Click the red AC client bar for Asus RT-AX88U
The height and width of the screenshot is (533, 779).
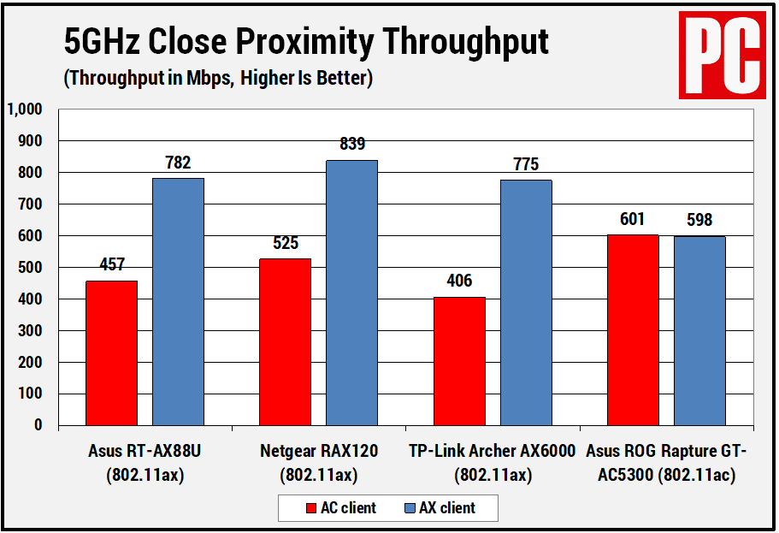[x=111, y=352]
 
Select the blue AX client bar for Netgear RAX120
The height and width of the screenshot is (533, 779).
[x=351, y=293]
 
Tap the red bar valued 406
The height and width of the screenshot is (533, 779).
[x=459, y=361]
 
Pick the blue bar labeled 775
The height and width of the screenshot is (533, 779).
[x=526, y=303]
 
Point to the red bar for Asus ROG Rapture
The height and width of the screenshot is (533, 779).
[x=633, y=330]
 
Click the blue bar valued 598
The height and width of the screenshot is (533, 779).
[x=699, y=331]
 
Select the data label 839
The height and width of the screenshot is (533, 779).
[x=351, y=145]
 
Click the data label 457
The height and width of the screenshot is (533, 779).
[x=111, y=265]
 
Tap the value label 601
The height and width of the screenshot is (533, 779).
[x=633, y=219]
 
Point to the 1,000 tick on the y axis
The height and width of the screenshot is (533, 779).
[x=25, y=110]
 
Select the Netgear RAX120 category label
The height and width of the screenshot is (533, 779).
[x=318, y=462]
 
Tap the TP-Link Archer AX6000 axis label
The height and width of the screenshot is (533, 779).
[x=492, y=462]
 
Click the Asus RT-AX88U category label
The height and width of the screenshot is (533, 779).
[x=145, y=462]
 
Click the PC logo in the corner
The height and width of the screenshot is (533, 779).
[x=721, y=54]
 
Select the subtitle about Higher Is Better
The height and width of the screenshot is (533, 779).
[x=218, y=79]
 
